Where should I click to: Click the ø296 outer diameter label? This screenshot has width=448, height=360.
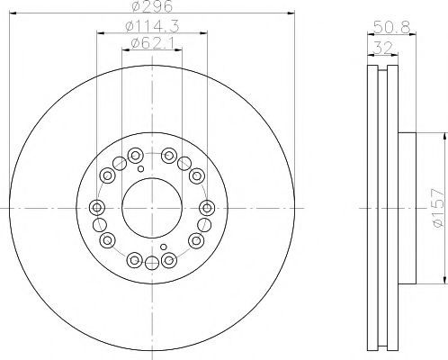coord(152,6)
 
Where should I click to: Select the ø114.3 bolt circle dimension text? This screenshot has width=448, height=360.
coord(152,26)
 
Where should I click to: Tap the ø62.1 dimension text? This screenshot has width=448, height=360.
coord(152,43)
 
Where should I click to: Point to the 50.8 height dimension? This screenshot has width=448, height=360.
coord(391,28)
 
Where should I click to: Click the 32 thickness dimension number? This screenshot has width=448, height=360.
coord(382,48)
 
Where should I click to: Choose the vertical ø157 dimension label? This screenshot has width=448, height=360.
coord(437,208)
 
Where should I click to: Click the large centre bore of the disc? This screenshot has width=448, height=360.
coord(152,208)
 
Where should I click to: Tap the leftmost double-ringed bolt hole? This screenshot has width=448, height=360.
coord(97,207)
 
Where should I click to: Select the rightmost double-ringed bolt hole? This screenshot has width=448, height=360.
coord(207,207)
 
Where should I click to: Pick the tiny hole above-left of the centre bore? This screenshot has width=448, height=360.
coord(140,169)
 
